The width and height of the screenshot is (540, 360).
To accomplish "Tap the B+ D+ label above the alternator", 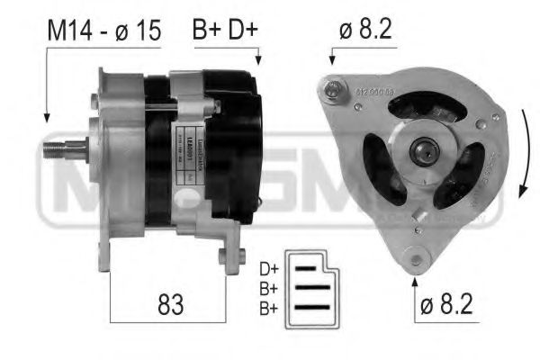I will pos(224,31).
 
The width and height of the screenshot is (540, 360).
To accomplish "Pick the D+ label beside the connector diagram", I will pos(268,268).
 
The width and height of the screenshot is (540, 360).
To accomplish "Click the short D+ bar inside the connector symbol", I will pos(307,268).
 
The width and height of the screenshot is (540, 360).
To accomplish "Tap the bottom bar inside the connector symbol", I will pos(313,308).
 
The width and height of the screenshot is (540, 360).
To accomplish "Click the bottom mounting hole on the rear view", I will pos(416,261).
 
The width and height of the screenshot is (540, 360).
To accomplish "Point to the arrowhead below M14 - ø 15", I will pos(45,118).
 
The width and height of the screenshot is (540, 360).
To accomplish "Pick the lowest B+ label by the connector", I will pos(268,309).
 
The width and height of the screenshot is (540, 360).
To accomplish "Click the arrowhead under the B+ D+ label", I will pos(258,61).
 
